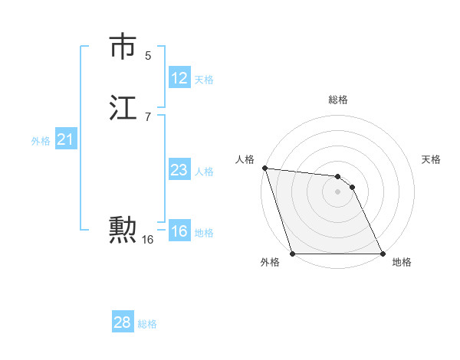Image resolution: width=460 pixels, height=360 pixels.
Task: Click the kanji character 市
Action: coord(123,47)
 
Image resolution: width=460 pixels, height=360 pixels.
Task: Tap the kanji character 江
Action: coord(123,107)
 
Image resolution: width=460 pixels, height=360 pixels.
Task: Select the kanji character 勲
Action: coord(123,229)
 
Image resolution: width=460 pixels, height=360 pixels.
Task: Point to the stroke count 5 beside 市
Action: coord(148,56)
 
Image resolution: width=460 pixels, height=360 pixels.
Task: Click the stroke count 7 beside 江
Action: coord(148,116)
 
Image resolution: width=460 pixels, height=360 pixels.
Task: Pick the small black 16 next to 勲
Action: coord(147,240)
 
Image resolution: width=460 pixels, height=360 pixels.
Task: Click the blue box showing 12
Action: coord(179,78)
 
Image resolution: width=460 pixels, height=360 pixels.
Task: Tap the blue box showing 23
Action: coord(179,170)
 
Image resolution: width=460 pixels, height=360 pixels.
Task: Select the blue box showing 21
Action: coord(66,139)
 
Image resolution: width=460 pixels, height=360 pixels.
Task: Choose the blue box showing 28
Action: coord(123,322)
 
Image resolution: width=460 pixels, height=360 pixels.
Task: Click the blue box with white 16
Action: coord(179,231)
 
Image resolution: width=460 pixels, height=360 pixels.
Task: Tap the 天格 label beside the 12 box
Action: coord(204,80)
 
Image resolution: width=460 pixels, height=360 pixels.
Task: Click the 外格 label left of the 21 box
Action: coord(41,141)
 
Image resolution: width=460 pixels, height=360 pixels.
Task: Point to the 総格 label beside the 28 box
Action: coord(147,324)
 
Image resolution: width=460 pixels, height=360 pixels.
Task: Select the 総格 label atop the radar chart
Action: coord(338,100)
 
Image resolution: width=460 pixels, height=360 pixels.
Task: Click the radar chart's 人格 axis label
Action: coord(245,159)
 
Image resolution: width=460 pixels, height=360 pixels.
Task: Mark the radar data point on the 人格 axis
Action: coord(264,168)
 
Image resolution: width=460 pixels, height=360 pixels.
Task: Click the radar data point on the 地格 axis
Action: coord(383,254)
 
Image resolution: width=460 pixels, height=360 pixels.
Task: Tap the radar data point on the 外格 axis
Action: coord(292,254)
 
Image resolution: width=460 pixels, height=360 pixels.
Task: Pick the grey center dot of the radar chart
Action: coord(337,191)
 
